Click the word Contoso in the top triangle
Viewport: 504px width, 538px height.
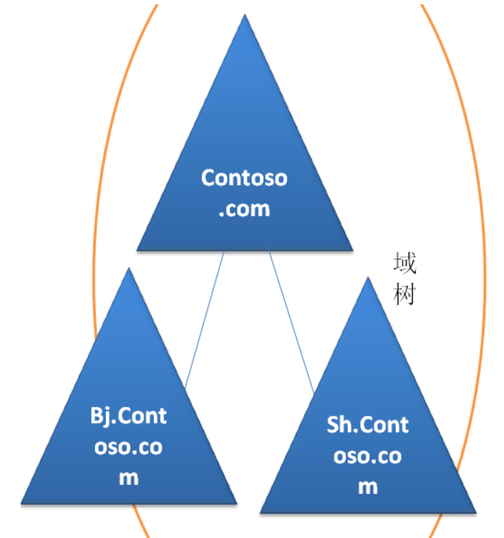point(244,178)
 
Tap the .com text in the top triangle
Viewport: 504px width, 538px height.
point(244,209)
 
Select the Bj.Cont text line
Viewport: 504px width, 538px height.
point(129,416)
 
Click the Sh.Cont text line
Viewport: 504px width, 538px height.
point(368,424)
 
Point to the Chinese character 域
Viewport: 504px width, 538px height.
point(405,264)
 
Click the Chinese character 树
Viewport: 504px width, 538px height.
point(405,295)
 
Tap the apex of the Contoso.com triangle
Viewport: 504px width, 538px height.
point(245,16)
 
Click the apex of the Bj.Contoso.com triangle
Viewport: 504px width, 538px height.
point(129,269)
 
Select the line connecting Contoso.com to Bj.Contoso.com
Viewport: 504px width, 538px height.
point(204,319)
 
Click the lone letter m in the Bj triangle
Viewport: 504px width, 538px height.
point(129,478)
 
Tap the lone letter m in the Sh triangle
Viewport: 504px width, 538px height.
point(368,486)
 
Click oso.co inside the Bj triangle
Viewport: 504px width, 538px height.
point(129,447)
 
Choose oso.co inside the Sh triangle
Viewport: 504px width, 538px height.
point(368,455)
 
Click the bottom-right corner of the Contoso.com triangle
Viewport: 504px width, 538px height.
point(352,250)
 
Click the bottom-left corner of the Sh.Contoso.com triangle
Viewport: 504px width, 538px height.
point(261,511)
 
